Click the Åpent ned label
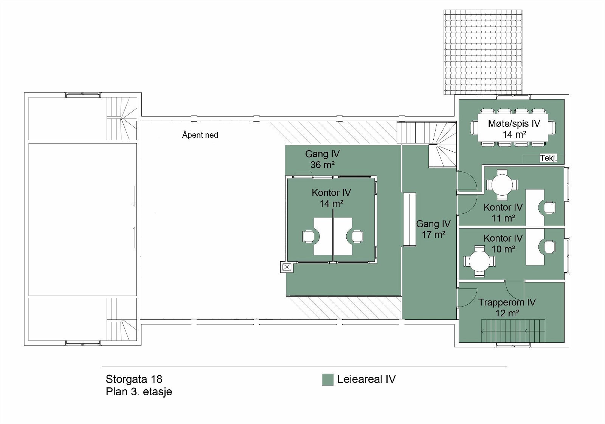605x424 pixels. click(x=200, y=135)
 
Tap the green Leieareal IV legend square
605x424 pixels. click(x=327, y=379)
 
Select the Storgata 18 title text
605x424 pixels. click(x=134, y=379)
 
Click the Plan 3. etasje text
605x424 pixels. click(x=139, y=392)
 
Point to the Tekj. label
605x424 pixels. click(x=548, y=159)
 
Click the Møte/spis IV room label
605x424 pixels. click(x=514, y=123)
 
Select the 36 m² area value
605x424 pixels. click(x=323, y=165)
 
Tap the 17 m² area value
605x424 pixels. click(x=433, y=234)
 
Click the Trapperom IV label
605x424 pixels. click(x=507, y=302)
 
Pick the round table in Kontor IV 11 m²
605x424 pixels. click(x=502, y=185)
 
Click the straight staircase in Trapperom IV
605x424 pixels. click(x=513, y=331)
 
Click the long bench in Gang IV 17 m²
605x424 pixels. click(x=409, y=220)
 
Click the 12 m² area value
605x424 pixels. click(x=507, y=313)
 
